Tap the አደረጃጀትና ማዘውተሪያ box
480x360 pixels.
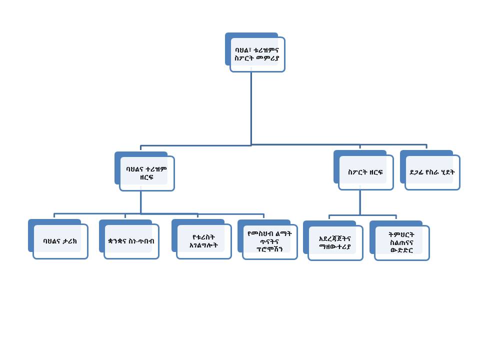tap(335, 242)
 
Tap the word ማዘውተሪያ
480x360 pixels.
tap(335, 246)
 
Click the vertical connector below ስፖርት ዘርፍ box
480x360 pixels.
tap(359, 202)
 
